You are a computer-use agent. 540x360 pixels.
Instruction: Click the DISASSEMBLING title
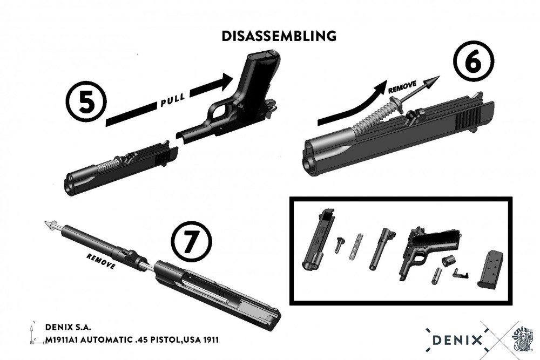279,36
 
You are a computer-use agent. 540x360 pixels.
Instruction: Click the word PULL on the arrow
173,99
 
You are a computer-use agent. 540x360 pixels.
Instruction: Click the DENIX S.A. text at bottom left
69,327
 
